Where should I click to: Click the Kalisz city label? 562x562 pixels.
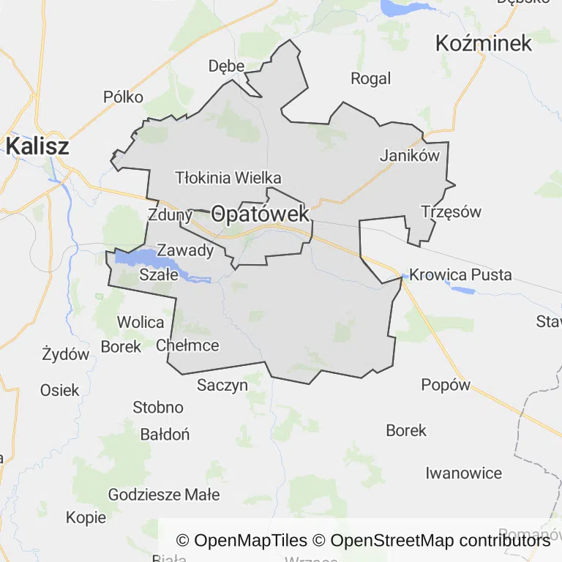[37, 146]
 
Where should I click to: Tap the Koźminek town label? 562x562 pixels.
[483, 43]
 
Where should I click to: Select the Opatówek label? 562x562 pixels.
[261, 214]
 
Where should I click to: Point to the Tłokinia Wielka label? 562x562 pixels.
[228, 178]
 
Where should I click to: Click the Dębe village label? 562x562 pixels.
[226, 66]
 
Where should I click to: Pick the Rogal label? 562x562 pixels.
[371, 78]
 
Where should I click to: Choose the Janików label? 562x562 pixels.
[409, 155]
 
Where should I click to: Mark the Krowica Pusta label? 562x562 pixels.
[460, 275]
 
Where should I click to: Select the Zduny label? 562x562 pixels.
[169, 215]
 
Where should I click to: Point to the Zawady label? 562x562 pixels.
[186, 250]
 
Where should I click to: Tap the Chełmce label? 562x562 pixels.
[187, 345]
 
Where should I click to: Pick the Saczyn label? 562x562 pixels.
[222, 385]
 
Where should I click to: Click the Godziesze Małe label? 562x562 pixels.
[164, 495]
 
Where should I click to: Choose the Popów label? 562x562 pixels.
[446, 385]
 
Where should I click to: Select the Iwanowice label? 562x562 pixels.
[464, 473]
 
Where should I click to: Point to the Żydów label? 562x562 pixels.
[66, 355]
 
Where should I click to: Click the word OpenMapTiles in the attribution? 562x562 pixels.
[250, 541]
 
